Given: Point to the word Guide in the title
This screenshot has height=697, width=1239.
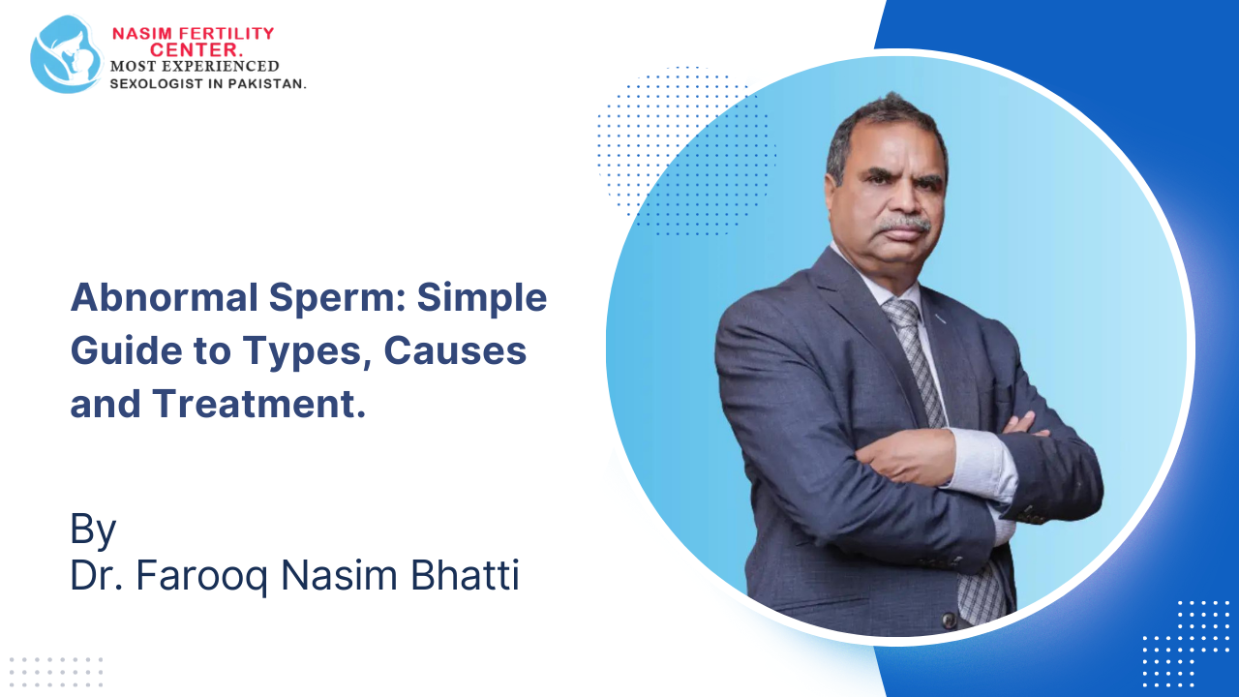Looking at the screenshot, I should click(126, 351).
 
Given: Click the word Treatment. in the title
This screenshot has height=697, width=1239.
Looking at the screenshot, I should click(258, 404).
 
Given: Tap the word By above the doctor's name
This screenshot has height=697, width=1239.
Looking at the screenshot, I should click(93, 530).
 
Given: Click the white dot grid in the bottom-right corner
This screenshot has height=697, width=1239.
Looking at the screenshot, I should click(1187, 643).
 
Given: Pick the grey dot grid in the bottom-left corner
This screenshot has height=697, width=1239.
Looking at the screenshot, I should click(55, 672).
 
